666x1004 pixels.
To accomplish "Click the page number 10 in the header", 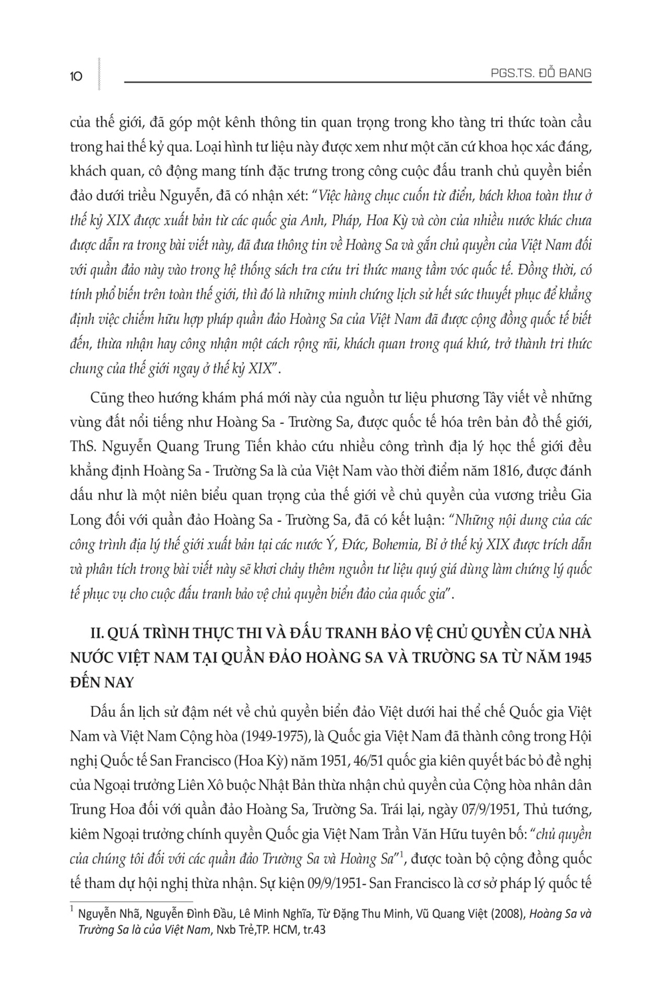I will click(75, 76).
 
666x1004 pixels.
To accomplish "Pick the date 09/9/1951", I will click(326, 884).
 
